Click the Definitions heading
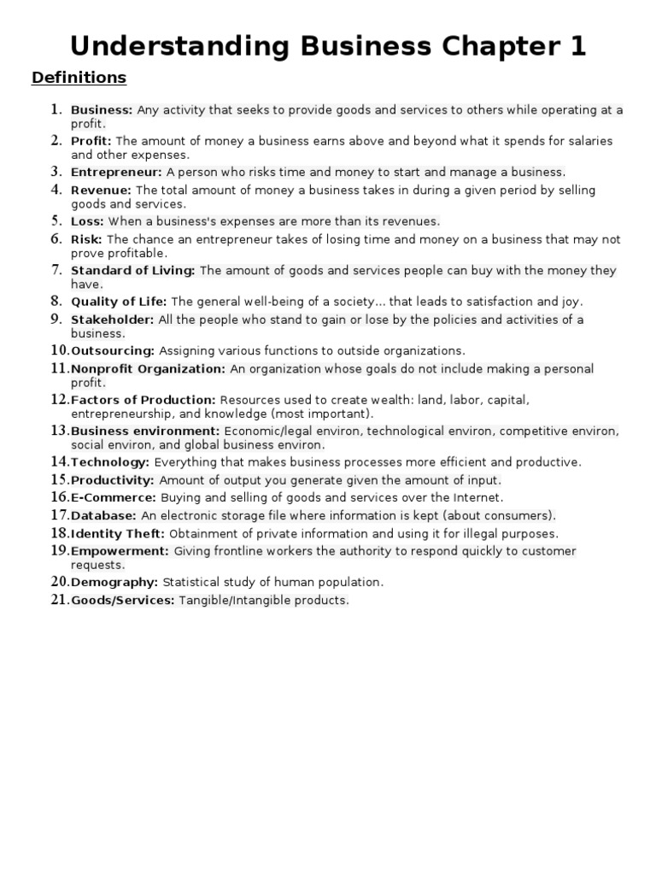(79, 79)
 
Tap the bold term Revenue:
(101, 191)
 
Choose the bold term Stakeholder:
(112, 320)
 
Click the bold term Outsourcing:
(113, 351)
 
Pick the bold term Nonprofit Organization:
(148, 369)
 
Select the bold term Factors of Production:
(143, 400)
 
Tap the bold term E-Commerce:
(113, 497)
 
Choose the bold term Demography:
(114, 583)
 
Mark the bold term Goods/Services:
(122, 601)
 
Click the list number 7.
(56, 270)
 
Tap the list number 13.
(59, 430)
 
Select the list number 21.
(59, 600)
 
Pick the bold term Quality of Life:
(120, 302)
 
